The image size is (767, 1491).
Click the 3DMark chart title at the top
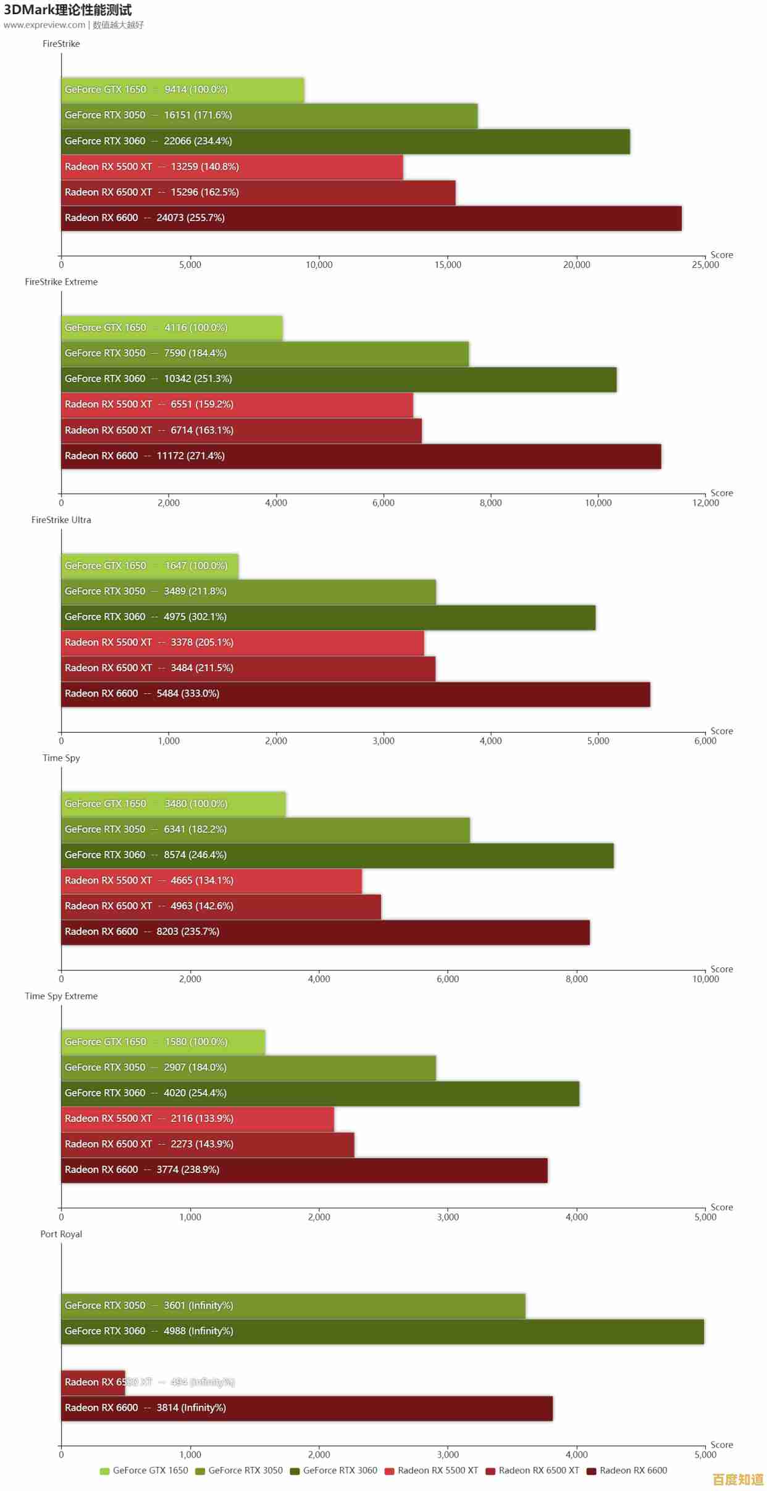pos(68,10)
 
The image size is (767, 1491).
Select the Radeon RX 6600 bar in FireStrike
pos(371,218)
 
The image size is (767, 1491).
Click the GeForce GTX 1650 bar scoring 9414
pos(182,90)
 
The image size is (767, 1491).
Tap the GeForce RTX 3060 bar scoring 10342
pos(338,379)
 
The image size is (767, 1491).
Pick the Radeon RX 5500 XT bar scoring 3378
pos(242,643)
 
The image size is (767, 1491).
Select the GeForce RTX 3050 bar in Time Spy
pos(265,829)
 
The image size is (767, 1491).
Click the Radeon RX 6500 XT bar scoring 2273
pos(207,1144)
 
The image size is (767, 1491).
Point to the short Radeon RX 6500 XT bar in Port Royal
pos(93,1382)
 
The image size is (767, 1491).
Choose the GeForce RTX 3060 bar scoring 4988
pos(382,1331)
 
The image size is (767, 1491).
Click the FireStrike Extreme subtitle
pos(61,282)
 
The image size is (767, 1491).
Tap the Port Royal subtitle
pos(61,1234)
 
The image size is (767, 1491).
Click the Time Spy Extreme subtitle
pos(61,996)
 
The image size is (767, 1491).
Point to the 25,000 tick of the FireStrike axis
pos(705,265)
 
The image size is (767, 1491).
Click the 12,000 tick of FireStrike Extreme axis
pos(705,503)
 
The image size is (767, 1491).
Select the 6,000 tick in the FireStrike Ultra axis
pos(705,741)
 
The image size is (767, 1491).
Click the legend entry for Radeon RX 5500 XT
pos(432,1471)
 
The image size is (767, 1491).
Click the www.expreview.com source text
pos(44,25)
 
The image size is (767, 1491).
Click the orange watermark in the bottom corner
pos(738,1480)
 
